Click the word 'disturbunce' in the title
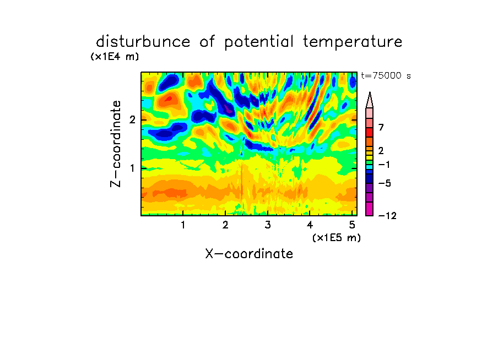pos(143,42)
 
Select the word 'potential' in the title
pos(259,42)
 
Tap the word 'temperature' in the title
pos(353,42)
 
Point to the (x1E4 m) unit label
pos(115,57)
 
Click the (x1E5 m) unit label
pos(337,237)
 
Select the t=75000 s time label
pos(386,75)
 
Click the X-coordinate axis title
pos(249,254)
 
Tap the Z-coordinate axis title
pos(116,144)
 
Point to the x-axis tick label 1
pos(183,225)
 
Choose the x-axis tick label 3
pos(268,225)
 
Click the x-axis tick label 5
pos(352,225)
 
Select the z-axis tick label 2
pos(132,119)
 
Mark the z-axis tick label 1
pos(132,168)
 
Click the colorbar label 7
pos(381,128)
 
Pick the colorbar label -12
pos(387,216)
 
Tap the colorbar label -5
pos(385,183)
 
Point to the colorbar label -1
pos(385,165)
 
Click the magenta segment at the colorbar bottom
pos(370,209)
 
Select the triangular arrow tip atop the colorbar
pos(370,100)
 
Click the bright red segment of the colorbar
pos(370,132)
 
